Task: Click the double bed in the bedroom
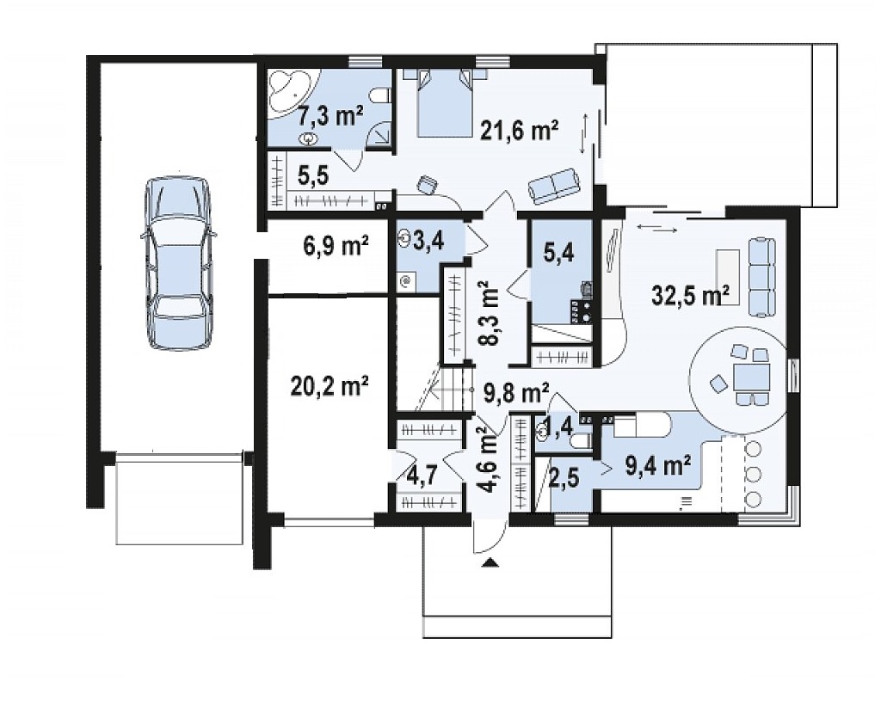pos(445,102)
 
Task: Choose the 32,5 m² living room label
pos(691,295)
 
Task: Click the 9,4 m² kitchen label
pos(657,465)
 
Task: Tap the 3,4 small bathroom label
pos(428,242)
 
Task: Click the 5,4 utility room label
pos(559,254)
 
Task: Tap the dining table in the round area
pos(751,377)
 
